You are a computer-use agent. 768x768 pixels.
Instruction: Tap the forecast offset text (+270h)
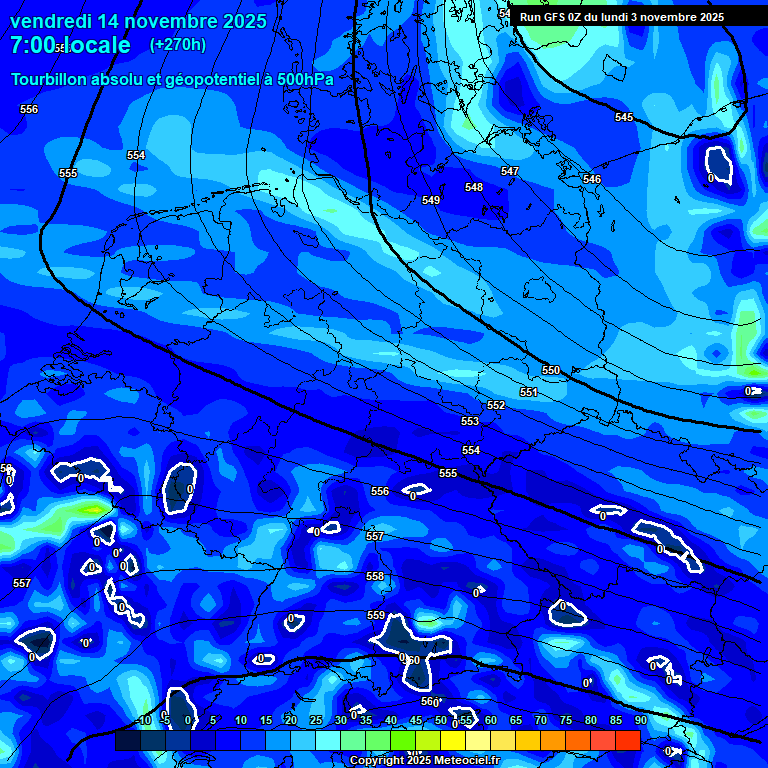(178, 44)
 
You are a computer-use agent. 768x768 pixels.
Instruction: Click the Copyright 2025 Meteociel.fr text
(424, 761)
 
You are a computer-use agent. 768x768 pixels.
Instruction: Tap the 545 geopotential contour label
(624, 118)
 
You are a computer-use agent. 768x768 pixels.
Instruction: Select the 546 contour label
(592, 179)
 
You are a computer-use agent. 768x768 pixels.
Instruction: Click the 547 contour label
(510, 171)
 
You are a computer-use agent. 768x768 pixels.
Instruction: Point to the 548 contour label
(474, 187)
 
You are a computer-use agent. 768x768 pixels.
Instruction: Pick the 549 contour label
(431, 200)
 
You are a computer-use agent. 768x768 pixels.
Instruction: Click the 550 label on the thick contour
(551, 370)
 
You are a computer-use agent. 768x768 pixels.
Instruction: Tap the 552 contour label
(496, 405)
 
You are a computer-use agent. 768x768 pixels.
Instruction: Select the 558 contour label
(375, 576)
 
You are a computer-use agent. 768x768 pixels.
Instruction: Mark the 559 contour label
(376, 615)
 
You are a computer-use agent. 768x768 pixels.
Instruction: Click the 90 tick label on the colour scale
(641, 721)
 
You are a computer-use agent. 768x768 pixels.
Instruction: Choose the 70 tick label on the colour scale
(541, 721)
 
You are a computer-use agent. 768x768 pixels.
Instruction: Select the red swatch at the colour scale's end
(627, 740)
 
